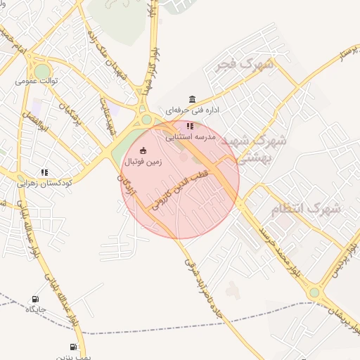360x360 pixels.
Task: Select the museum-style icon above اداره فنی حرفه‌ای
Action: tap(193, 99)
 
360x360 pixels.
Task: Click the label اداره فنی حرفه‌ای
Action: tap(193, 110)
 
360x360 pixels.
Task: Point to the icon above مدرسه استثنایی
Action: tap(189, 126)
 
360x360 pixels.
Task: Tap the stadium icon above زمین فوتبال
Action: tap(143, 150)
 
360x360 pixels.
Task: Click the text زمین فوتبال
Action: tap(143, 162)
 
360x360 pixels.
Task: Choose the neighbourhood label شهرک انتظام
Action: tap(306, 208)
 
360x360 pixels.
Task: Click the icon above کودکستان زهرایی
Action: tap(44, 172)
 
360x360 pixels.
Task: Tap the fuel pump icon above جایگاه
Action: tap(36, 299)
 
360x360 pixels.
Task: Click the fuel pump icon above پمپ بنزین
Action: tap(73, 347)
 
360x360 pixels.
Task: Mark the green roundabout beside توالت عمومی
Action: tap(43, 71)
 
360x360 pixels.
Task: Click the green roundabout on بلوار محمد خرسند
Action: tap(314, 292)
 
